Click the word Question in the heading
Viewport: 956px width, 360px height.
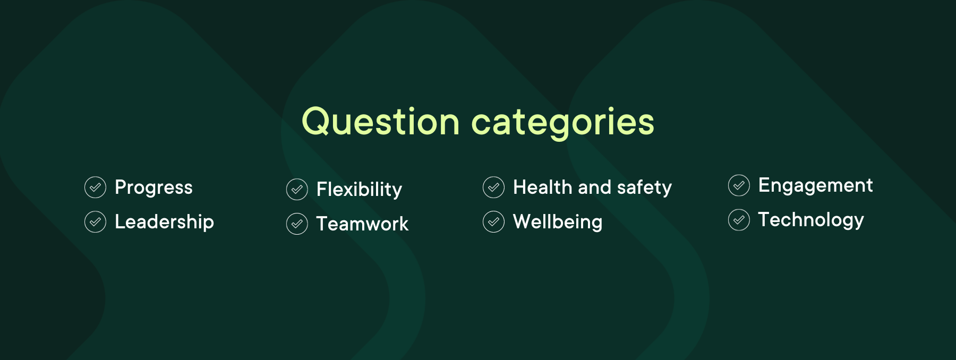(x=380, y=122)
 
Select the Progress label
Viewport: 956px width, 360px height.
(x=153, y=187)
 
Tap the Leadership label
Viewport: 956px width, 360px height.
(x=164, y=222)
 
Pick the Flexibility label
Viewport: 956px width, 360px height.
(x=359, y=190)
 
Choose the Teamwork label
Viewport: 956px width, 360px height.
(x=362, y=224)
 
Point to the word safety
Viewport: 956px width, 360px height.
(x=644, y=187)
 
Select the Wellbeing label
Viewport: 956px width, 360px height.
(x=558, y=222)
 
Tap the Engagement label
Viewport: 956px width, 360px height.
(x=815, y=185)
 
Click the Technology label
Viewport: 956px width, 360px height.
(x=811, y=220)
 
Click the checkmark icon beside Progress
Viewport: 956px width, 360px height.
(x=96, y=187)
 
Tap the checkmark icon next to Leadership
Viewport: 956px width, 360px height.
(x=96, y=222)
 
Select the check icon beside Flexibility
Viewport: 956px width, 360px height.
(x=297, y=190)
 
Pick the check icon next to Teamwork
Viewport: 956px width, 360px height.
(x=297, y=224)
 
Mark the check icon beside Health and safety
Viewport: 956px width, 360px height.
(x=493, y=187)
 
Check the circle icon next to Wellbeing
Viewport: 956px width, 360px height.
(x=493, y=222)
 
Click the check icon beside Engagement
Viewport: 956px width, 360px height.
(x=739, y=185)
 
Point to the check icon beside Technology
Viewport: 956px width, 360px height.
(x=739, y=220)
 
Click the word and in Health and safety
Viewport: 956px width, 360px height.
(x=594, y=187)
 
